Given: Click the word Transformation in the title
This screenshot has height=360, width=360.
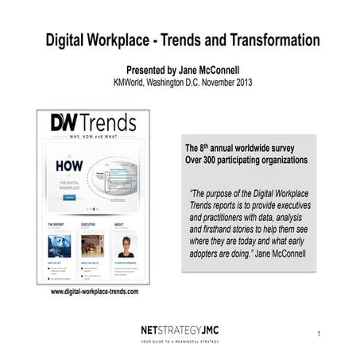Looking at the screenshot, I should (x=269, y=40).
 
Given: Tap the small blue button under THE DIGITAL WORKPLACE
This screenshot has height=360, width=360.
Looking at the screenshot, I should (x=69, y=195).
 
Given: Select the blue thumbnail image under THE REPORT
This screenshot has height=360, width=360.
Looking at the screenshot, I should (x=59, y=246).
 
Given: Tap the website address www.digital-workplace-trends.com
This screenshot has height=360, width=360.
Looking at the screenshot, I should (x=95, y=292).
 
